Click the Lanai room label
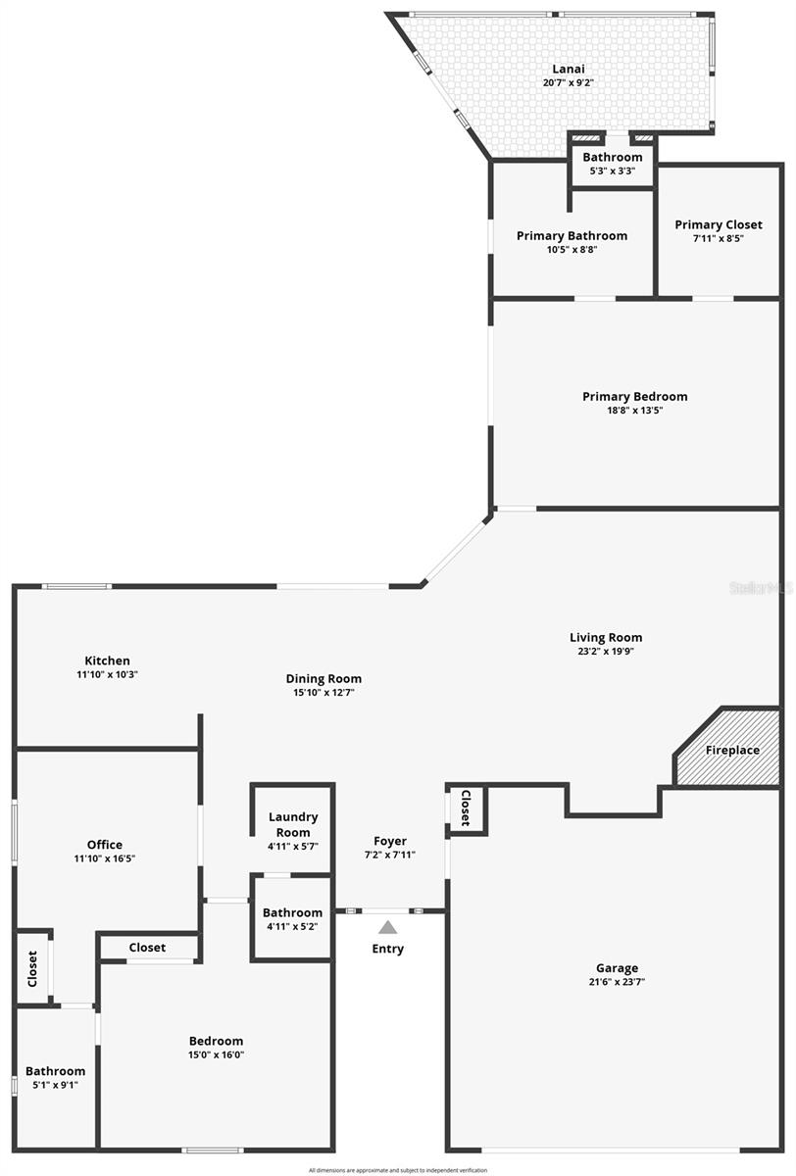[x=568, y=69]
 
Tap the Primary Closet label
[x=718, y=224]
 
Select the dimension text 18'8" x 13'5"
[x=634, y=411]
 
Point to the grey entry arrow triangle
[x=388, y=927]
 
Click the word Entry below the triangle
[x=387, y=949]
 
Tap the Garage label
[x=617, y=967]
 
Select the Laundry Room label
[x=292, y=824]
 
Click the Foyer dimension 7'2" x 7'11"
[x=389, y=855]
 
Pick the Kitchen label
[x=107, y=661]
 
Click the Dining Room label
[x=323, y=678]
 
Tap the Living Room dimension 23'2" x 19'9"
[x=606, y=651]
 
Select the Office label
[x=105, y=845]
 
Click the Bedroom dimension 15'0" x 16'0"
[x=216, y=1054]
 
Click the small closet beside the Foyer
[x=466, y=808]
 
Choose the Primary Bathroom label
[x=572, y=235]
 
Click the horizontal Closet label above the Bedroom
[x=147, y=948]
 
